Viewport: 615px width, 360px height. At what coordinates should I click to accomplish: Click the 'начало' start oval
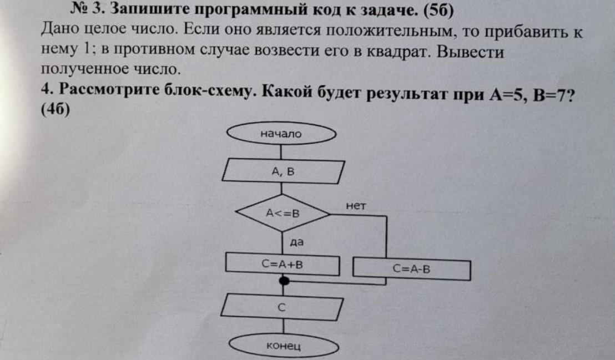point(281,133)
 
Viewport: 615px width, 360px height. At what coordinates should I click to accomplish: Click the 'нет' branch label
point(356,206)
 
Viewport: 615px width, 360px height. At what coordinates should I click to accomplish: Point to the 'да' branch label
point(296,242)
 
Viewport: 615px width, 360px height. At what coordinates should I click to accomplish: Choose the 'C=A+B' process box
point(282,263)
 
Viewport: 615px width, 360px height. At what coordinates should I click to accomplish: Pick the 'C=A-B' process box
point(412,270)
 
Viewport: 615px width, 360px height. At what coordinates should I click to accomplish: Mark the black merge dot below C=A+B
point(284,282)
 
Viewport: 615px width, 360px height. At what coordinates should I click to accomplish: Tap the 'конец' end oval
point(283,347)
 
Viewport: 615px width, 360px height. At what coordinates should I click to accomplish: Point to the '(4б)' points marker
point(56,109)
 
